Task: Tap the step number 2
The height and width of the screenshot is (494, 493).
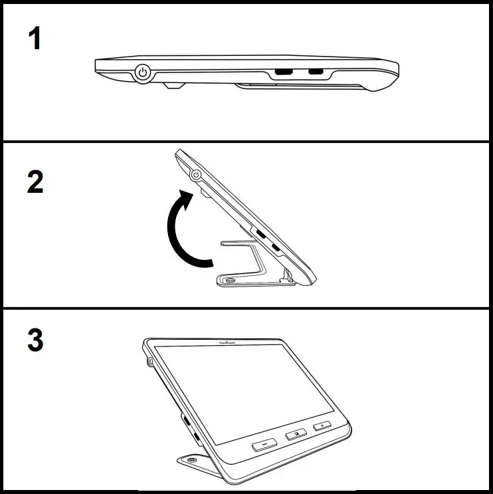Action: (35, 182)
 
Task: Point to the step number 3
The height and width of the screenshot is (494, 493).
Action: (35, 340)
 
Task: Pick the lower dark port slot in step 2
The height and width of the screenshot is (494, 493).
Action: (275, 249)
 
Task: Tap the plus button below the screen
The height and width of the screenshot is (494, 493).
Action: (322, 425)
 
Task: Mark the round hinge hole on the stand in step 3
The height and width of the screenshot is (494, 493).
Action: (192, 460)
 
